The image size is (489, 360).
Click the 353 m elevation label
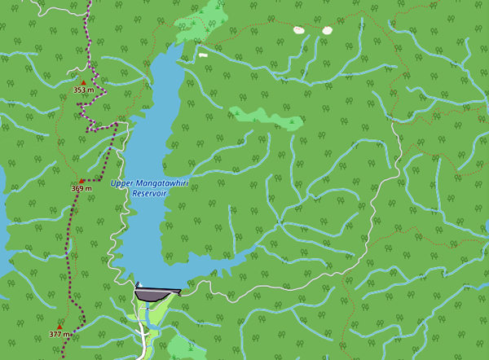pos(81,90)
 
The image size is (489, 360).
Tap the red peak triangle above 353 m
pos(82,81)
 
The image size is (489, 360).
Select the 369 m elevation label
pos(81,188)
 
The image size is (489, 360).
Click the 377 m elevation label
pos(59,334)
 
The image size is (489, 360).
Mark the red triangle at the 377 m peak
pos(59,327)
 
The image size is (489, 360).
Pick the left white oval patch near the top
pos(298,30)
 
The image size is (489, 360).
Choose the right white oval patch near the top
pos(327,30)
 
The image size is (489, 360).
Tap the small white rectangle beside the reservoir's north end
pos(202,55)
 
